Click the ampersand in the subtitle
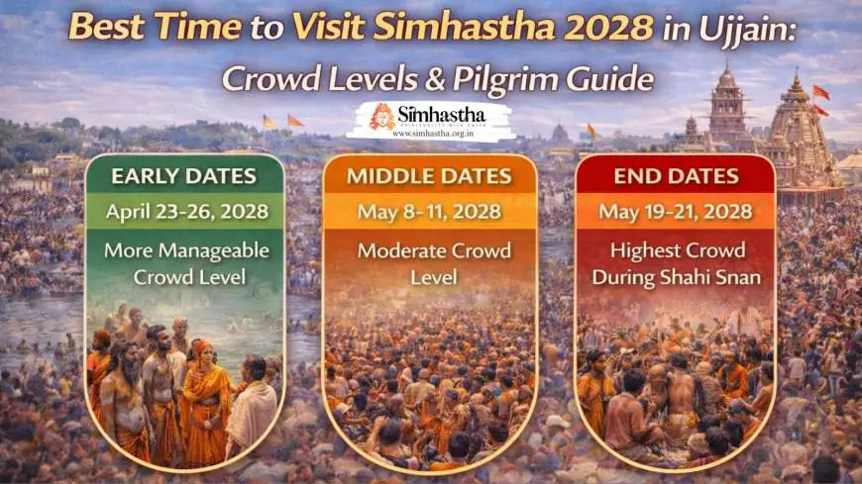[x=435, y=79]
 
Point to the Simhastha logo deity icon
[x=382, y=118]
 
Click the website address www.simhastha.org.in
[x=433, y=133]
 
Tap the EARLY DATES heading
[x=183, y=176]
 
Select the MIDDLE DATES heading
[x=429, y=176]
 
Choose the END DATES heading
[x=676, y=176]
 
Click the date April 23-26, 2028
[x=187, y=212]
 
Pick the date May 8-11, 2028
[x=429, y=212]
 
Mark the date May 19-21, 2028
[x=676, y=212]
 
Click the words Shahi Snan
[x=710, y=277]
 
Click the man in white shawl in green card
[x=253, y=407]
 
